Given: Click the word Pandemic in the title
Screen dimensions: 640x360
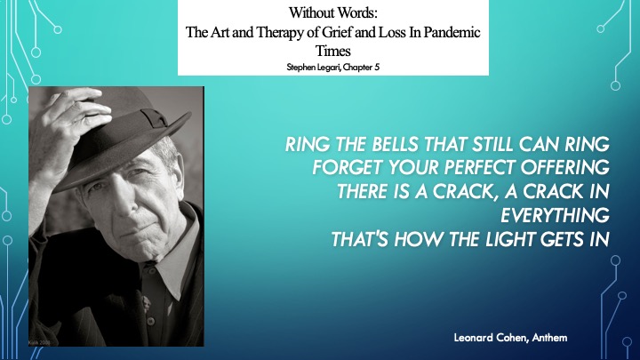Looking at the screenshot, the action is [452, 32].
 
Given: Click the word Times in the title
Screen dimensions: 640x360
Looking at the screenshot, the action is [332, 51].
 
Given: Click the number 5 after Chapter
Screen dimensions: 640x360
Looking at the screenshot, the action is [377, 67].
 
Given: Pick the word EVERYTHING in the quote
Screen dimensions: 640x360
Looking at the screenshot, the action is [555, 215].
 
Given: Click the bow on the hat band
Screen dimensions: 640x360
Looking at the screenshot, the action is [155, 117].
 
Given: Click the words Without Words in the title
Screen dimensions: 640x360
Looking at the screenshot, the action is [333, 12].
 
